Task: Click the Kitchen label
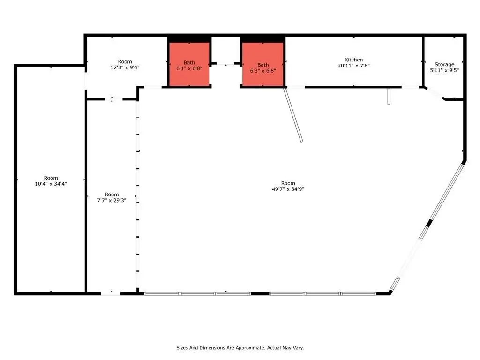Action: point(353,60)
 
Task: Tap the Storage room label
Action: point(444,64)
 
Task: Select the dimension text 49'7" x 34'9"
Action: point(288,189)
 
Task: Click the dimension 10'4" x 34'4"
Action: point(51,184)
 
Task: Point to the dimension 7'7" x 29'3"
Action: point(112,200)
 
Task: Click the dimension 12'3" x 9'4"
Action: point(125,67)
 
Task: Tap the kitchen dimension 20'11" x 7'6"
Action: point(353,66)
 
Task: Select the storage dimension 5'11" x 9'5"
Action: point(444,70)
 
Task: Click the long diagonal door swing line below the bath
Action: point(293,115)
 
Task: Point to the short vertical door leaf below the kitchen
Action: point(389,96)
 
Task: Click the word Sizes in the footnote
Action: point(182,348)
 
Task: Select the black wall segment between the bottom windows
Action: point(260,293)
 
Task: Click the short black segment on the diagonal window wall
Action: point(429,223)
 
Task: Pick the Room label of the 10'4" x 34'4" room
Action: point(51,178)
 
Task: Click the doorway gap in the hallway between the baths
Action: point(225,64)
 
